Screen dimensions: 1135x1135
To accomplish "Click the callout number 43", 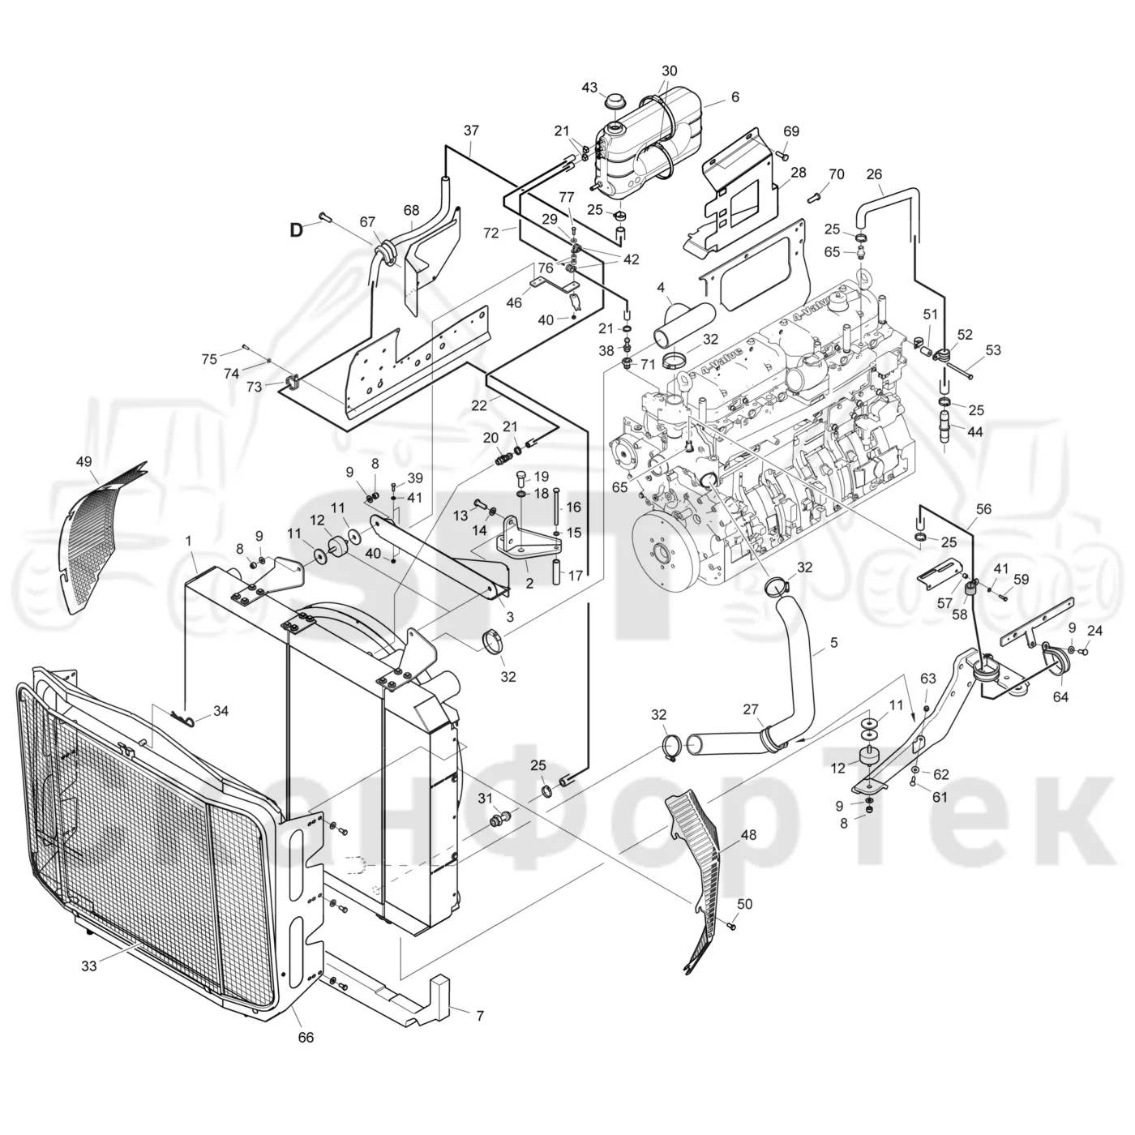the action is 589,88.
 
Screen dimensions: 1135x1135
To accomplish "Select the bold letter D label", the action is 296,230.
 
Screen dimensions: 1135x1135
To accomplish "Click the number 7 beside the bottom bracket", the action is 480,1016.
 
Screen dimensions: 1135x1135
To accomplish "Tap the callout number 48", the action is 749,834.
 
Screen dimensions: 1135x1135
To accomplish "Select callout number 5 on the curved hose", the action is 833,642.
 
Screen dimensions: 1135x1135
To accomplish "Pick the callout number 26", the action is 875,174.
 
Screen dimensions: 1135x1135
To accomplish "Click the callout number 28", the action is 798,173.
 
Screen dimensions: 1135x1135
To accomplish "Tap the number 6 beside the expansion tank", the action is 735,97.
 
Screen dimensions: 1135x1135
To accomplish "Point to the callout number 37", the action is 471,131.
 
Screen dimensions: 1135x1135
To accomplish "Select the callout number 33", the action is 89,966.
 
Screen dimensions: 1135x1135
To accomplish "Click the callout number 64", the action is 1060,697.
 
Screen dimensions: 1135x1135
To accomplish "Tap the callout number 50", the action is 745,903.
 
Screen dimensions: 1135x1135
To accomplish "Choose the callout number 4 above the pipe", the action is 661,288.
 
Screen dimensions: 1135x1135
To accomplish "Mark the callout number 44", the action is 974,432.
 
